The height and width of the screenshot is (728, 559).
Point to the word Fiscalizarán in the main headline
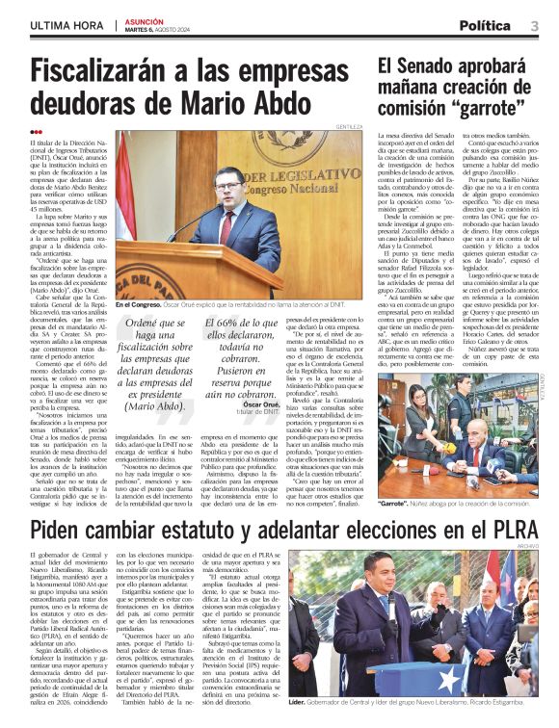112,74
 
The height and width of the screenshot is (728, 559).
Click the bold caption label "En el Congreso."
137,304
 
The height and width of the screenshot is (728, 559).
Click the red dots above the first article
37,132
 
